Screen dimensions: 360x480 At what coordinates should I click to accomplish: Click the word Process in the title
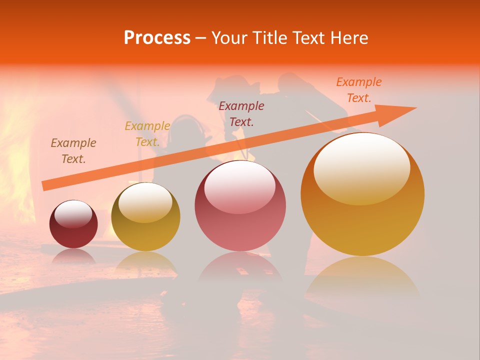(x=157, y=38)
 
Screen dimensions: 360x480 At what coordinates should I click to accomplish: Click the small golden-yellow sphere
(x=145, y=217)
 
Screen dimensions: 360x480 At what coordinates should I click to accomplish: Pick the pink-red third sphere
(x=240, y=206)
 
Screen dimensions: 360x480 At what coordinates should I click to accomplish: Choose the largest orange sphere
(x=362, y=195)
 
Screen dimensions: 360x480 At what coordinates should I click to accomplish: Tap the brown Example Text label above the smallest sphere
(x=73, y=151)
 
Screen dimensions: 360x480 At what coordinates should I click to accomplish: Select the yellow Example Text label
(x=147, y=134)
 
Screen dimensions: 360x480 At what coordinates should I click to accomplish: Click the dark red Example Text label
(x=241, y=113)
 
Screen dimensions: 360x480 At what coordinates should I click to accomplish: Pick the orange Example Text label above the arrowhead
(x=359, y=90)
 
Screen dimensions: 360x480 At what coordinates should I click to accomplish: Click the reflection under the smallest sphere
(x=73, y=256)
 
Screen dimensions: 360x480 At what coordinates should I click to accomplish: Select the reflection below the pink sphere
(x=240, y=267)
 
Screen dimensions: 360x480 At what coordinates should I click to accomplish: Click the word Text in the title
(x=310, y=38)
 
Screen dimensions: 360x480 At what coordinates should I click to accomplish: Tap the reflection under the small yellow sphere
(x=145, y=262)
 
